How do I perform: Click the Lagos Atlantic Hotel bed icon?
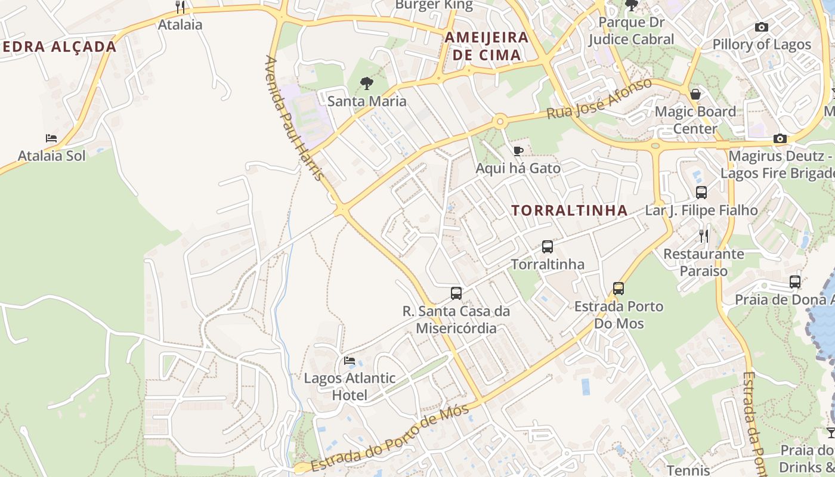click(x=350, y=360)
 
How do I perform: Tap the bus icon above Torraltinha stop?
click(x=547, y=246)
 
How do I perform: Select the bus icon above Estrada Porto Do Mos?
click(x=618, y=289)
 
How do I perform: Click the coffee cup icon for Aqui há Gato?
click(x=518, y=151)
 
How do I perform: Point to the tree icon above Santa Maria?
click(x=367, y=83)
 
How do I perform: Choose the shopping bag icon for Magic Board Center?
click(x=695, y=94)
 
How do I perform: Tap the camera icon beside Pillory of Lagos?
click(x=761, y=27)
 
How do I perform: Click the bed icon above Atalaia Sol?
click(x=51, y=138)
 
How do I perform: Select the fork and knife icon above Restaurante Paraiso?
click(x=704, y=236)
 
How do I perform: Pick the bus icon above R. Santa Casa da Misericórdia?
click(x=456, y=293)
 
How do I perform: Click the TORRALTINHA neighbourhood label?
click(x=570, y=210)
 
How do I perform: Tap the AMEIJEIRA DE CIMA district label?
click(x=487, y=47)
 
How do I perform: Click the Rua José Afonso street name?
click(x=600, y=98)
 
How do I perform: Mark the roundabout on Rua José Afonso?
click(x=500, y=122)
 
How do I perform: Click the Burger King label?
click(x=434, y=5)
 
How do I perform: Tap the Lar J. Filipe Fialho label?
click(x=701, y=210)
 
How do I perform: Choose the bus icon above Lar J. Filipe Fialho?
click(x=701, y=193)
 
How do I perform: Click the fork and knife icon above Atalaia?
click(x=180, y=7)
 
